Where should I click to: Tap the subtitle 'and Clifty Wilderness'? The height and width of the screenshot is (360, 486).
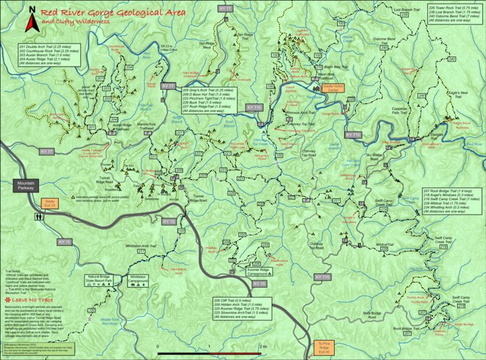pos(76,22)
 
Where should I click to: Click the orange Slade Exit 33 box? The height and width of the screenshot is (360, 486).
pos(49,202)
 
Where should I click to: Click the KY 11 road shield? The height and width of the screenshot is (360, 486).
pos(63,241)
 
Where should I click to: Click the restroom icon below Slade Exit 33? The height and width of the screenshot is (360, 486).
pos(36,215)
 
